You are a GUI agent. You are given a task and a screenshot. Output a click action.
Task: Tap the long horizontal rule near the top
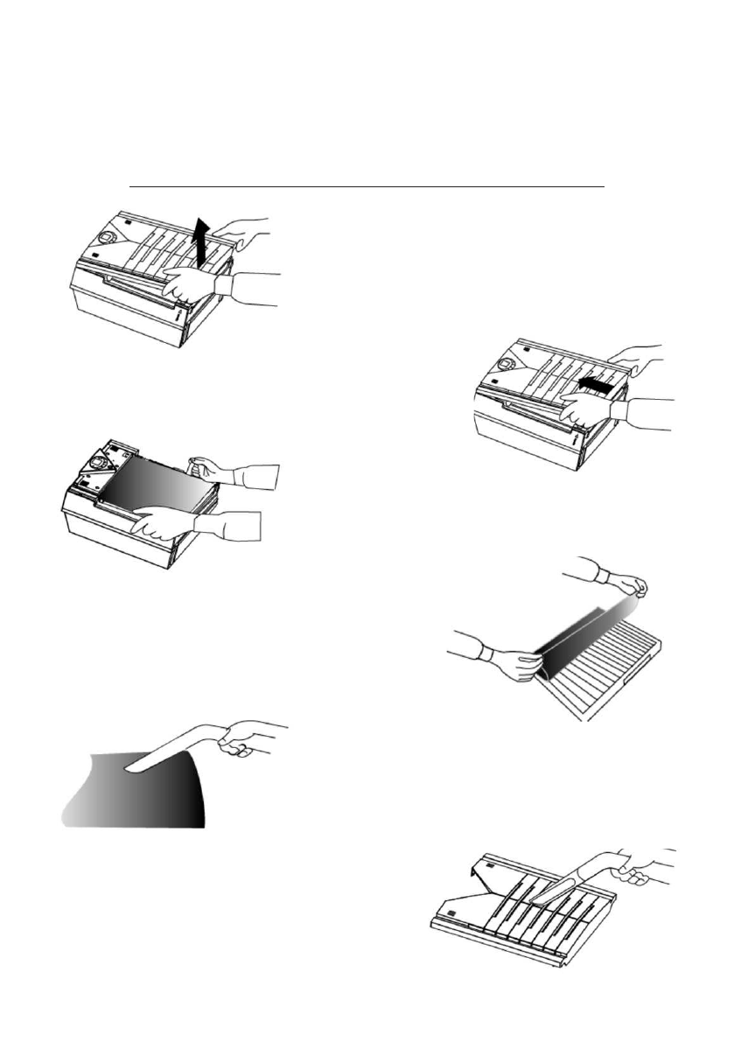[367, 186]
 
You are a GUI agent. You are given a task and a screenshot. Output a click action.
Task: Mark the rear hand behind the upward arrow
[236, 229]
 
